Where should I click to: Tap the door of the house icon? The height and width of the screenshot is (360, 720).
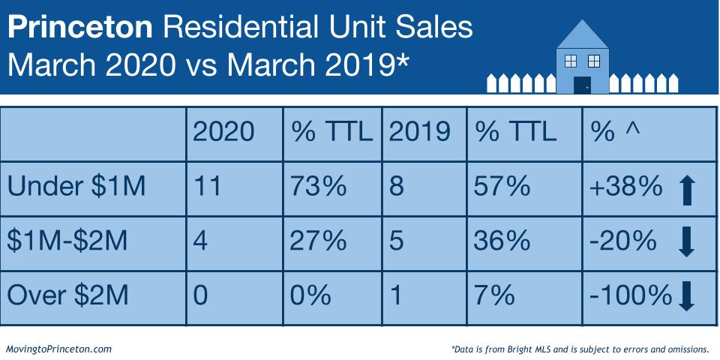click(582, 84)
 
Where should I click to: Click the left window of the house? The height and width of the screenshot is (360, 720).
click(569, 59)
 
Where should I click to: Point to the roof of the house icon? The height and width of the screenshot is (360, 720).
click(582, 33)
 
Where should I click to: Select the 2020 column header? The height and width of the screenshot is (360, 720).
click(223, 132)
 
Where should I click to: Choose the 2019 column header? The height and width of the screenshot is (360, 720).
click(419, 132)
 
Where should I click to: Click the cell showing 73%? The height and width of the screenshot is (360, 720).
click(319, 186)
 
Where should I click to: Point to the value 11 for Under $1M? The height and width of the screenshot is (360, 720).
click(208, 186)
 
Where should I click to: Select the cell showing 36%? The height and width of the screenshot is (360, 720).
click(502, 241)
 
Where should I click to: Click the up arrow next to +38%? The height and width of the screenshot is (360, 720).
click(686, 189)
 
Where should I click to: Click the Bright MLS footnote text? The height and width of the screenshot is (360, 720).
click(580, 349)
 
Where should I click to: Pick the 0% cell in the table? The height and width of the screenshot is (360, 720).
click(311, 295)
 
